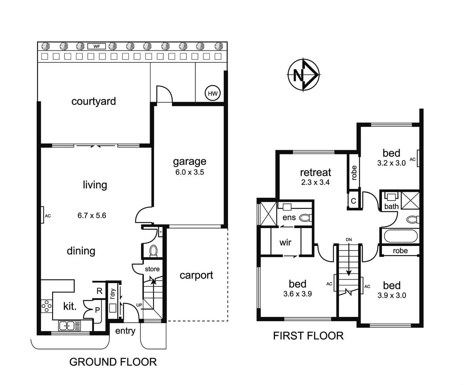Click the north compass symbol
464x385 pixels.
click(304, 75)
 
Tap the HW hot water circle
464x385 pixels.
click(213, 94)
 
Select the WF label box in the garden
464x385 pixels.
click(97, 46)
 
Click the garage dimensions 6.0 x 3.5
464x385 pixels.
click(189, 172)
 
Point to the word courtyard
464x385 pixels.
click(93, 101)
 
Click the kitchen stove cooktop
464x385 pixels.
click(46, 306)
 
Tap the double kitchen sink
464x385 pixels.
click(69, 325)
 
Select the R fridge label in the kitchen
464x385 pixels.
click(99, 291)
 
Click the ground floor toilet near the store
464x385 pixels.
click(153, 251)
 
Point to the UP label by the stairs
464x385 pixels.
click(139, 305)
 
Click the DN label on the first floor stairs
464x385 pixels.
click(348, 240)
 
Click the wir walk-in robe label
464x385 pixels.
click(285, 242)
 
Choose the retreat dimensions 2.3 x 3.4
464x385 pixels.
click(315, 183)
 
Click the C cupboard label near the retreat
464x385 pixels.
click(353, 201)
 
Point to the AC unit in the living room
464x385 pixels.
click(42, 215)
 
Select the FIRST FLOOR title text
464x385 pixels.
click(308, 336)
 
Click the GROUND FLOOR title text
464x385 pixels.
click(113, 362)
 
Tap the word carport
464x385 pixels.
click(196, 275)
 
